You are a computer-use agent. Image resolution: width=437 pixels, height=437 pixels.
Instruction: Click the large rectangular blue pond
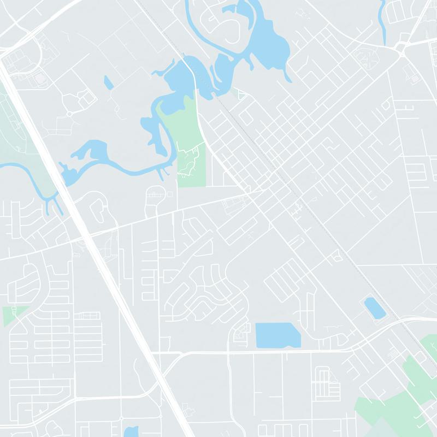tap(277, 335)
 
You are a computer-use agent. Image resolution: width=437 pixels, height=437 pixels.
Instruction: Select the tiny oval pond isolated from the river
tap(108, 82)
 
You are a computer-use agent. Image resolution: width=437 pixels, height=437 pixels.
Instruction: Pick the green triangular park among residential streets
tap(9, 316)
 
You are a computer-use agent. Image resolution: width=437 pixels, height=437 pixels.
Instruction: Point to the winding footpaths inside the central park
tap(189, 162)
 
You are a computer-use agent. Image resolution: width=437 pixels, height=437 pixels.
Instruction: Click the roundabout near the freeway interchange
tap(69, 114)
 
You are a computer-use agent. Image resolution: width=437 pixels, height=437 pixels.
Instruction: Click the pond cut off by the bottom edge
tap(131, 432)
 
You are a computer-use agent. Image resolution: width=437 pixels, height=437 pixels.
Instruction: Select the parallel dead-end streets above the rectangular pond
tap(284, 279)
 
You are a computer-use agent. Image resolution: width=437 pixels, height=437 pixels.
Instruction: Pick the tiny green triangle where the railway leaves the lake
tap(241, 95)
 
